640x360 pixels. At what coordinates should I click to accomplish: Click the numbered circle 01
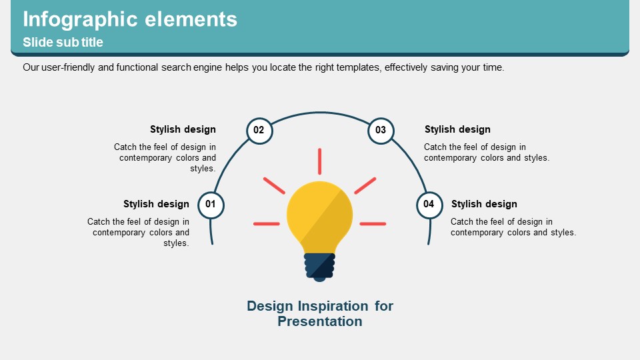pos(211,205)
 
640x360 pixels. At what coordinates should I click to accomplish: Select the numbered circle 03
pos(381,131)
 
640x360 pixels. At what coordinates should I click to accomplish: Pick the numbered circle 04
pos(429,205)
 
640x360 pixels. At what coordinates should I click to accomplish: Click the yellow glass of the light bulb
pos(319,216)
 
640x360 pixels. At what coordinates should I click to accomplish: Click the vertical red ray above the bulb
pos(319,161)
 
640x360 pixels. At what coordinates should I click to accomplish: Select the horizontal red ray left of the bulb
pos(267,224)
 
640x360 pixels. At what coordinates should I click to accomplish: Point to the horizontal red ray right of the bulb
pos(373,224)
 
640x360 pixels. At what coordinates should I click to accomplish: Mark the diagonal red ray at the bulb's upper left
pos(274,186)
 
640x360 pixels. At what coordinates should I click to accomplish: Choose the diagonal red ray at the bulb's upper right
pos(365,186)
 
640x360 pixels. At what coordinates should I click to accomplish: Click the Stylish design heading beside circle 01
pos(156,204)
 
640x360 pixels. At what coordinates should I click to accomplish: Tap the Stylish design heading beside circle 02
pos(183,129)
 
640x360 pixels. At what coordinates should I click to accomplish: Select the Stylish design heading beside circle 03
pos(457,129)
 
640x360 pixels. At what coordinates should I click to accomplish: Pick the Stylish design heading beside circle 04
pos(484,204)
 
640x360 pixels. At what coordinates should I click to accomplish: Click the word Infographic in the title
pos(80,19)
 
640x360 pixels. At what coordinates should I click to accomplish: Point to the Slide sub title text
pos(63,42)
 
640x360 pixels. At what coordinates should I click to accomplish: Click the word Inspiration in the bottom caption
pos(333,307)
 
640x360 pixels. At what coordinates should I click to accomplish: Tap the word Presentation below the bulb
pos(320,321)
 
